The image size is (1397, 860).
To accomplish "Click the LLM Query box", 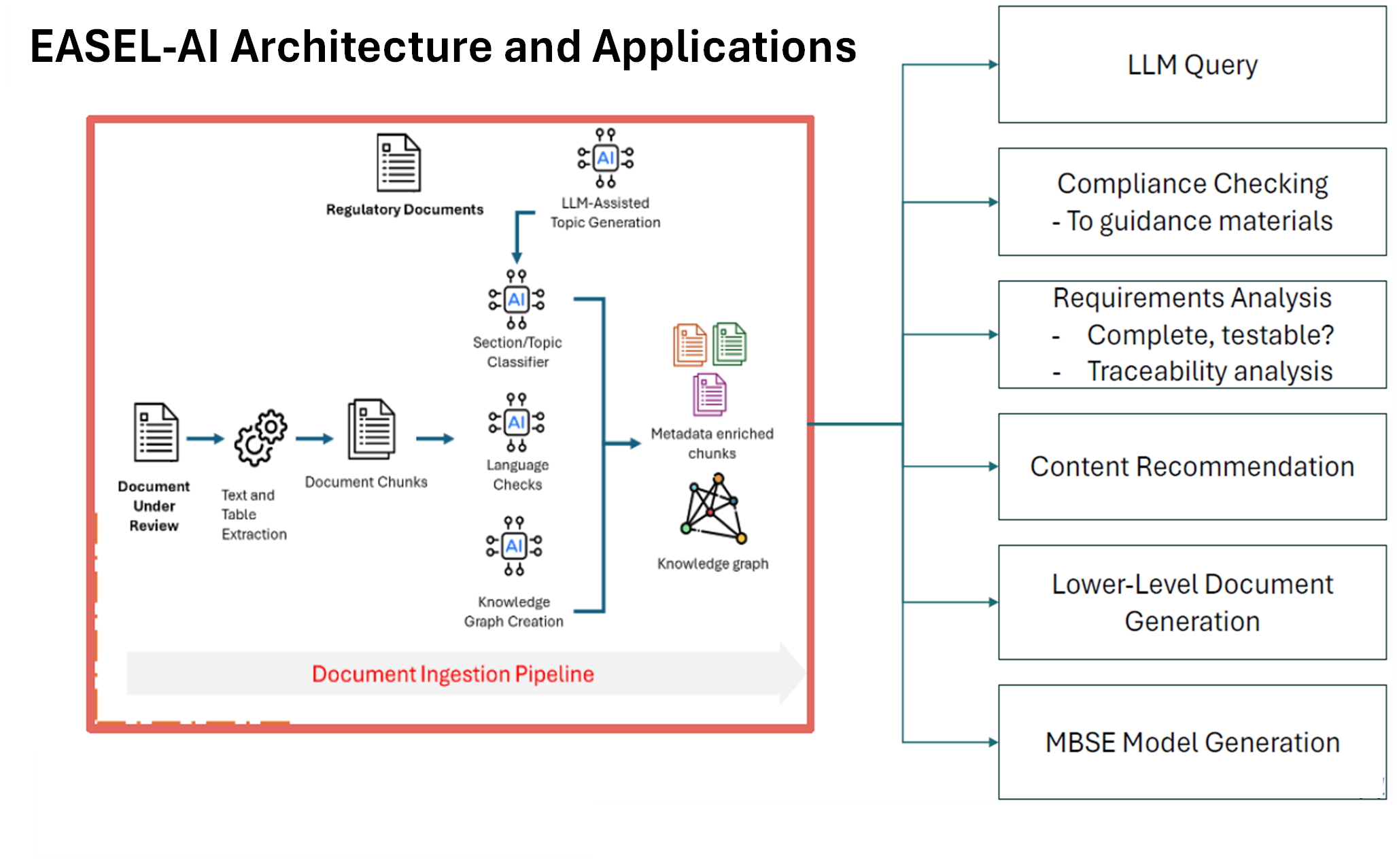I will pyautogui.click(x=1192, y=65).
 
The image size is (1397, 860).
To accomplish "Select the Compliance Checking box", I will pyautogui.click(x=1192, y=202).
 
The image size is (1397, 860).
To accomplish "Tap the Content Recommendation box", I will pyautogui.click(x=1192, y=466).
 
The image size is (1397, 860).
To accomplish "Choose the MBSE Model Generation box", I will pyautogui.click(x=1192, y=742).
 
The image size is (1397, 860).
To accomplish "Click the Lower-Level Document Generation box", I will pyautogui.click(x=1192, y=602).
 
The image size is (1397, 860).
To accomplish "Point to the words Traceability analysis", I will pyautogui.click(x=1209, y=371).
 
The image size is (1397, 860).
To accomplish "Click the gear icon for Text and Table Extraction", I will pyautogui.click(x=260, y=437).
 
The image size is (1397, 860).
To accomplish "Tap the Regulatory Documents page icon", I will pyautogui.click(x=399, y=163).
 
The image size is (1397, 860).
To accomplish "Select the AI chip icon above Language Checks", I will pyautogui.click(x=517, y=422).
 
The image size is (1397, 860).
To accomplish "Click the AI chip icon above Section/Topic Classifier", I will pyautogui.click(x=517, y=299).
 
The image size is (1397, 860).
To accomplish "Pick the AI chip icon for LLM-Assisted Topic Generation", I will pyautogui.click(x=605, y=158).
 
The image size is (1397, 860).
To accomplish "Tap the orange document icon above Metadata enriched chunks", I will pyautogui.click(x=690, y=345).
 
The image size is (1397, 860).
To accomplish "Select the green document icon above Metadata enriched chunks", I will pyautogui.click(x=729, y=344).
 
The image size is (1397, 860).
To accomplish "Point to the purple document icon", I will pyautogui.click(x=710, y=395).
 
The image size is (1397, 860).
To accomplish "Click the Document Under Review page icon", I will pyautogui.click(x=156, y=432).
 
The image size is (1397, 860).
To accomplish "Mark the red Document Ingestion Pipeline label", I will pyautogui.click(x=453, y=674).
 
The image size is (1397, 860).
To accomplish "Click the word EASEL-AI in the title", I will pyautogui.click(x=124, y=47).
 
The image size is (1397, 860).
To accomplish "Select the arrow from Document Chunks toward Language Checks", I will pyautogui.click(x=435, y=439).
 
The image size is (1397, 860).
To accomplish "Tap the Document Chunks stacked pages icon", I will pyautogui.click(x=371, y=429).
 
